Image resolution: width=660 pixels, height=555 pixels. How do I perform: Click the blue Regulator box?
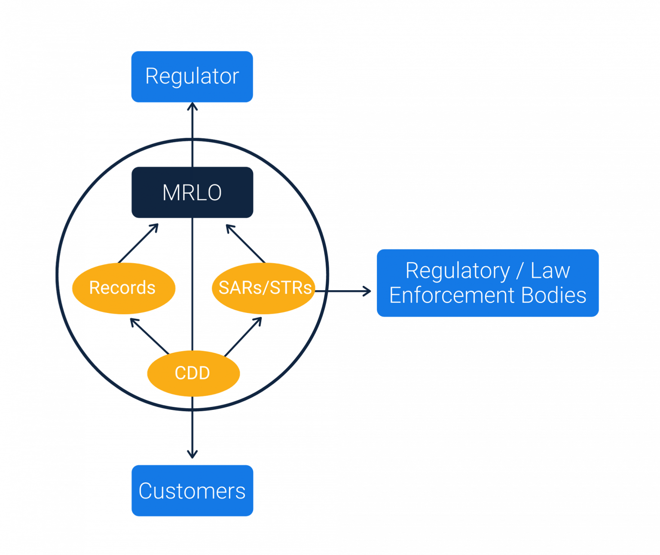click(x=192, y=77)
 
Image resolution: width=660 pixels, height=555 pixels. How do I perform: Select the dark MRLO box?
click(x=192, y=192)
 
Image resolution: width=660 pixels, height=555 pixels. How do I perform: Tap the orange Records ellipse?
click(x=123, y=288)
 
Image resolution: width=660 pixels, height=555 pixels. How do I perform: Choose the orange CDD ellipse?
click(x=192, y=373)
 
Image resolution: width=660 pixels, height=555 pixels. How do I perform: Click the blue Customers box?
click(x=192, y=491)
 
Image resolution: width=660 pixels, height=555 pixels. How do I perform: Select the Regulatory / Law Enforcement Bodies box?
click(x=488, y=283)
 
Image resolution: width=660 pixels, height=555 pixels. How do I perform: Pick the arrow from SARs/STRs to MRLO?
click(x=245, y=243)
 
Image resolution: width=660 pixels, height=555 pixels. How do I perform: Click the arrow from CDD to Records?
click(x=149, y=336)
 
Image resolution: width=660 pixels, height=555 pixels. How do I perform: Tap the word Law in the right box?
click(x=550, y=270)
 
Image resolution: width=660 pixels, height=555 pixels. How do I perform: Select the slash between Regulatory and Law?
click(x=520, y=271)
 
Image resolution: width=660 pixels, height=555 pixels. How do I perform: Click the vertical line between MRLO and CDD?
click(x=192, y=283)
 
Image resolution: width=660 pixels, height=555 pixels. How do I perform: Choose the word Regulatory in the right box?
click(x=458, y=271)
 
